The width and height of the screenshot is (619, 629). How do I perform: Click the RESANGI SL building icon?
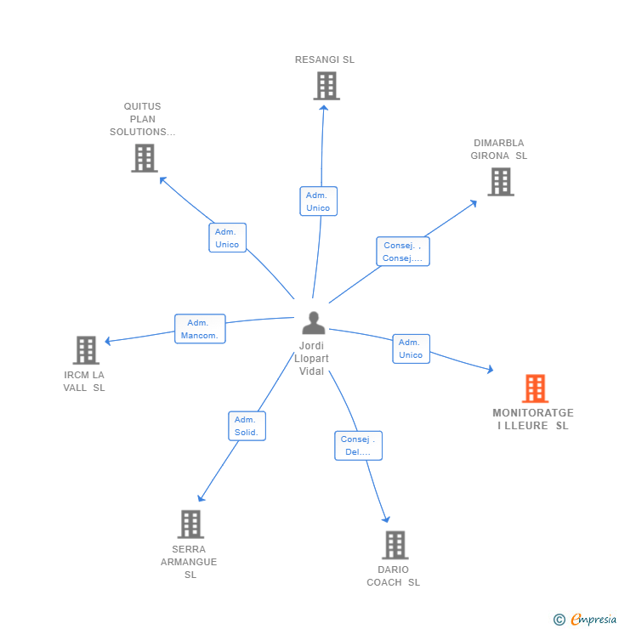pyautogui.click(x=327, y=86)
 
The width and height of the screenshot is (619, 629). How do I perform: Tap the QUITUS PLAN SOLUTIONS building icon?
pyautogui.click(x=145, y=158)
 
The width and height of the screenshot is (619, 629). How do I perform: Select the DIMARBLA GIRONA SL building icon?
pyautogui.click(x=501, y=181)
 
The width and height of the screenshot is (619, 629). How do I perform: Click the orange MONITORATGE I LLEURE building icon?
pyautogui.click(x=535, y=388)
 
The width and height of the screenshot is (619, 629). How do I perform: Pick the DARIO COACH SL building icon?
pyautogui.click(x=395, y=545)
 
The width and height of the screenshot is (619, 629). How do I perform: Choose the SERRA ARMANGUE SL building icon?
pyautogui.click(x=190, y=524)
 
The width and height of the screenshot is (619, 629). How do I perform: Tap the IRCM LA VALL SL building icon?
pyautogui.click(x=86, y=350)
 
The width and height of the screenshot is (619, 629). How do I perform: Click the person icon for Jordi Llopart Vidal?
pyautogui.click(x=314, y=323)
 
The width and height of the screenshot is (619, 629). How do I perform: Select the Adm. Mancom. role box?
pyautogui.click(x=200, y=329)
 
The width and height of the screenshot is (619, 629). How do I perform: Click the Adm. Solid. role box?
pyautogui.click(x=247, y=426)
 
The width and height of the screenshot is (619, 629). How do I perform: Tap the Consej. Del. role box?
pyautogui.click(x=358, y=445)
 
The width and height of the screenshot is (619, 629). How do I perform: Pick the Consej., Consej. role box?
pyautogui.click(x=402, y=252)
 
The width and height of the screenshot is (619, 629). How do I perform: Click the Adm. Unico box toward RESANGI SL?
pyautogui.click(x=318, y=201)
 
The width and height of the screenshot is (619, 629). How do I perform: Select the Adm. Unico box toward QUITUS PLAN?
pyautogui.click(x=227, y=238)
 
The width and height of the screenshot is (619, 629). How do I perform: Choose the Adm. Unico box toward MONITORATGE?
pyautogui.click(x=411, y=348)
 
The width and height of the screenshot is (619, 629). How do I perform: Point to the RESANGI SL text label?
pyautogui.click(x=325, y=59)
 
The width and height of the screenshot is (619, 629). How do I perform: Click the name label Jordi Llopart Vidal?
pyautogui.click(x=311, y=359)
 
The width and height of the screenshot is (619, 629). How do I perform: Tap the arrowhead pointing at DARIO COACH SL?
pyautogui.click(x=386, y=518)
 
